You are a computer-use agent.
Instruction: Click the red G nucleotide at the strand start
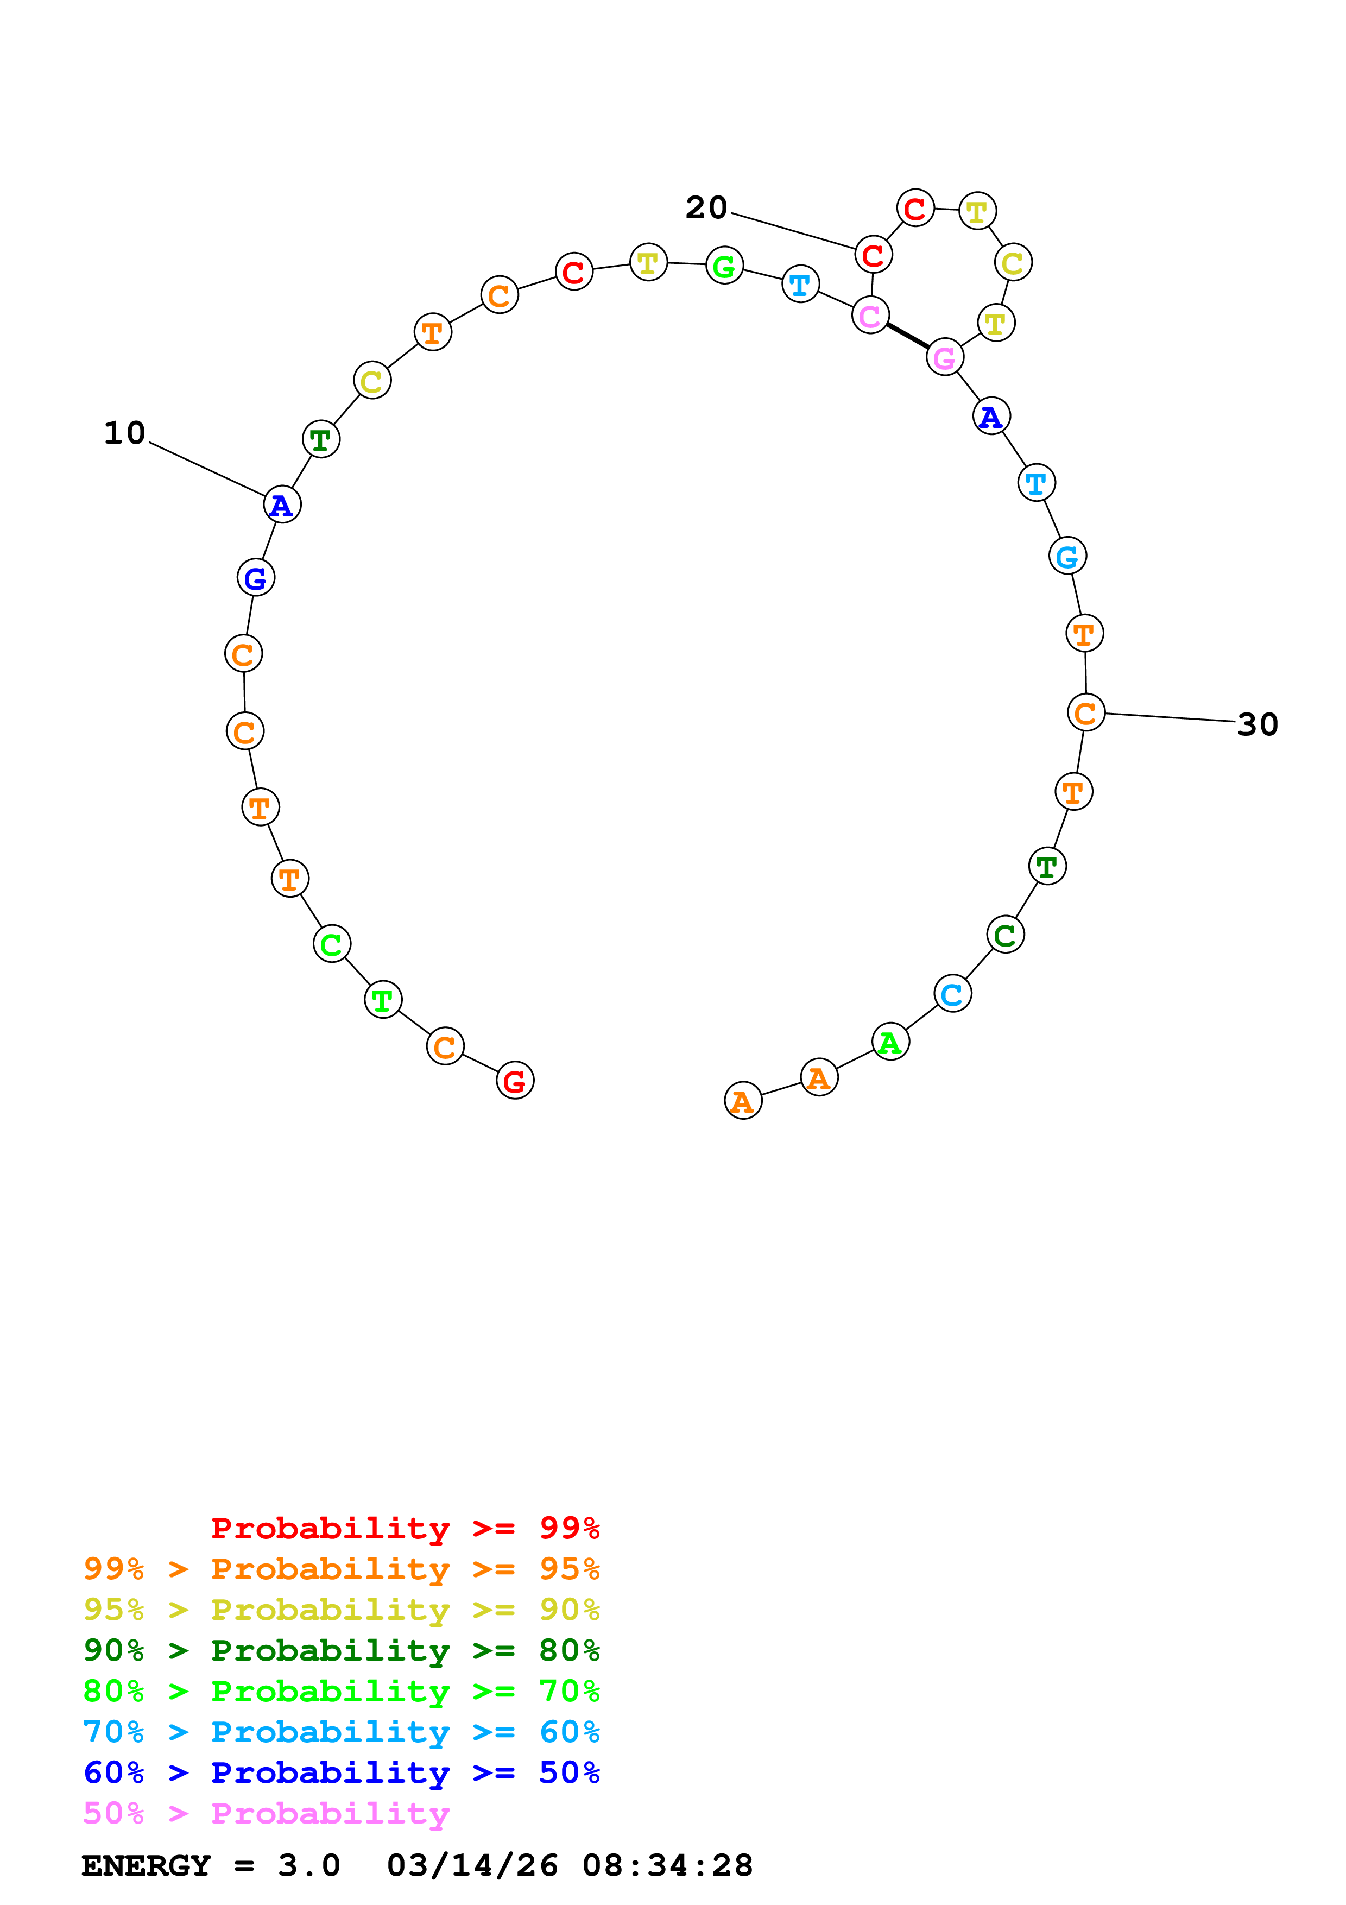click(x=515, y=1080)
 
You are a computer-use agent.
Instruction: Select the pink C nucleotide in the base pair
click(x=870, y=316)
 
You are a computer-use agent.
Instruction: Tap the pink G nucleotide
click(x=945, y=358)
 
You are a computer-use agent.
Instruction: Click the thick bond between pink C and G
click(x=907, y=336)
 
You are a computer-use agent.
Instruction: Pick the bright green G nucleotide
click(x=724, y=266)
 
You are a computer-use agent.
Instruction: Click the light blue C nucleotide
click(x=952, y=993)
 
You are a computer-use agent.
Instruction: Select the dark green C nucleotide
click(x=1005, y=935)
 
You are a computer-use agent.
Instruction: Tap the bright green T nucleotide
click(x=382, y=1000)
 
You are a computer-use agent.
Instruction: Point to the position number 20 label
click(x=706, y=207)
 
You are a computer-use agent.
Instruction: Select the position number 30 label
click(x=1257, y=724)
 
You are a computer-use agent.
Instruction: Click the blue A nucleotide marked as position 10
click(x=282, y=504)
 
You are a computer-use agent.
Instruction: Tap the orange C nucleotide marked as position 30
click(x=1085, y=712)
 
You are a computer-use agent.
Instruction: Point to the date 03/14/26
click(x=473, y=1865)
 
